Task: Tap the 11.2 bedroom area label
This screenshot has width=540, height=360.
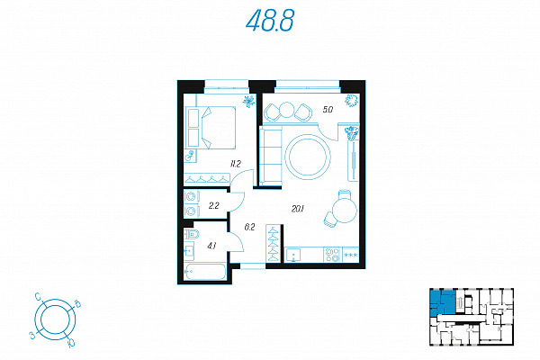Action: tap(235, 164)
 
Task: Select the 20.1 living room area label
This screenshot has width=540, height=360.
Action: tap(298, 209)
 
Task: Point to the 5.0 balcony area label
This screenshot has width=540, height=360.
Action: tap(328, 110)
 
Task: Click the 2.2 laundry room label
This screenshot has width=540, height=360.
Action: tap(213, 206)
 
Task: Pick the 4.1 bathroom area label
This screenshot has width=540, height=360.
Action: tap(212, 244)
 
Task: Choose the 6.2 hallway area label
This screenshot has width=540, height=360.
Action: tap(249, 228)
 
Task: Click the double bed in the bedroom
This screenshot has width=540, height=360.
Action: tap(211, 128)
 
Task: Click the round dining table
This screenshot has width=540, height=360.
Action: tap(344, 214)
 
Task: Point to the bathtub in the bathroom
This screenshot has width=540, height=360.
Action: tap(202, 271)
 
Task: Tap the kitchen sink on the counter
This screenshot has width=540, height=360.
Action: tap(294, 256)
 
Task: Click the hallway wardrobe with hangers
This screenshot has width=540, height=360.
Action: tap(274, 238)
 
